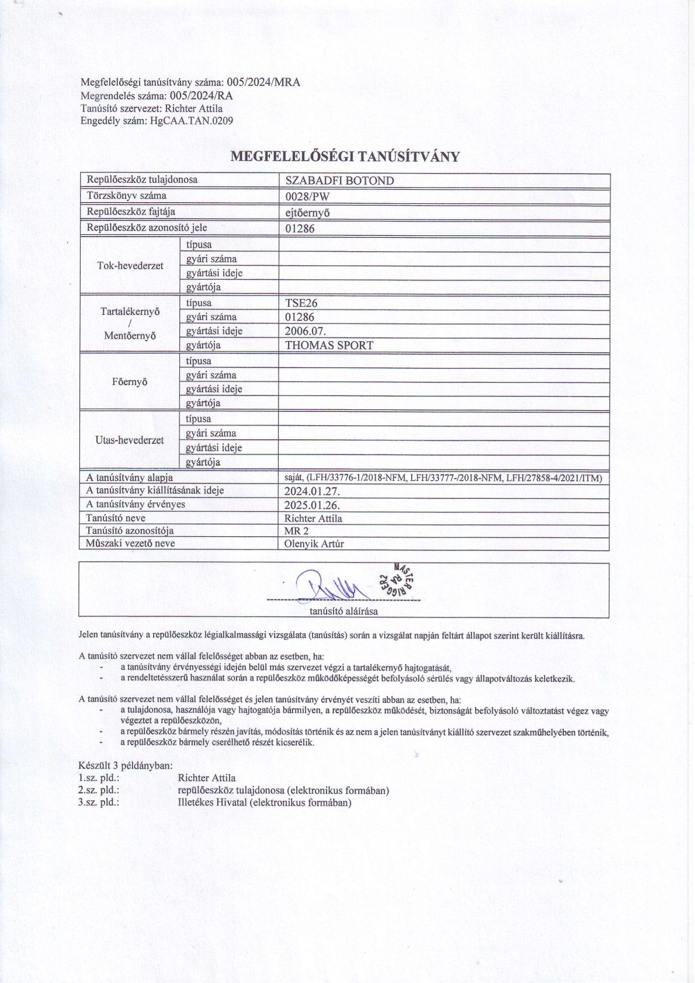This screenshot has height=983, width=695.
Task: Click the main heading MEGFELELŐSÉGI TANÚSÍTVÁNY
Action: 346,157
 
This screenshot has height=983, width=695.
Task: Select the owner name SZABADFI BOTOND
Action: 339,180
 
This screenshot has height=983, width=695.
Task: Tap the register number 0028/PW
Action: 307,196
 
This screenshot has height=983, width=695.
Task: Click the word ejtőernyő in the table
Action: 307,213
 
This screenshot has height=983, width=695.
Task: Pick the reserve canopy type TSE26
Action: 301,303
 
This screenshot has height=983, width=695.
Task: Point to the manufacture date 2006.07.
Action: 305,331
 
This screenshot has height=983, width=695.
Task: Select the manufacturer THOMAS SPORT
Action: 329,345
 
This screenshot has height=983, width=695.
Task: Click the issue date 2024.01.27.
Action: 312,491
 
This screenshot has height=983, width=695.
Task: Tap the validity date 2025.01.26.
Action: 312,505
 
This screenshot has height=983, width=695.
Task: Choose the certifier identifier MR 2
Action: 296,531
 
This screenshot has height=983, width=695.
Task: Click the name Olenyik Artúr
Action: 314,544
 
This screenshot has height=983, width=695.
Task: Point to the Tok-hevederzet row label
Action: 130,266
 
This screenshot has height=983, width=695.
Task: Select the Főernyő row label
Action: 129,382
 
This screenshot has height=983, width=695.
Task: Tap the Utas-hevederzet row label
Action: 130,440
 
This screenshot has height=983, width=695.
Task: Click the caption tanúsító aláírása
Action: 343,612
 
